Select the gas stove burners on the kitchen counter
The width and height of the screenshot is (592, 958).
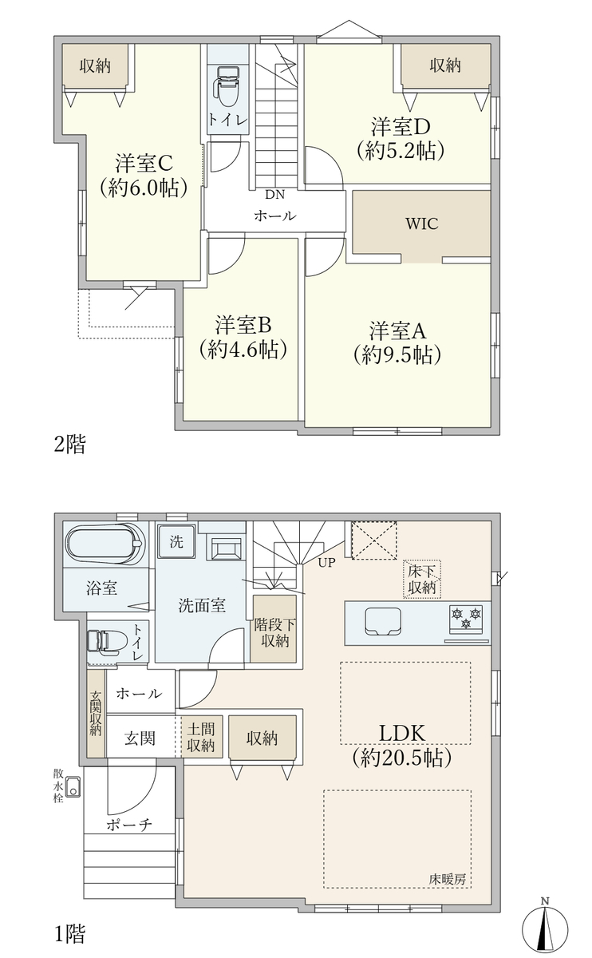pyautogui.click(x=465, y=619)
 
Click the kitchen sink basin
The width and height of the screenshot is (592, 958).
pyautogui.click(x=382, y=622)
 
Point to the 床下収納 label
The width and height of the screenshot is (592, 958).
pyautogui.click(x=422, y=579)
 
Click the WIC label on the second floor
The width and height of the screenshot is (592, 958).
pyautogui.click(x=421, y=224)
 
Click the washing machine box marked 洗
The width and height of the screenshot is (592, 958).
pyautogui.click(x=176, y=542)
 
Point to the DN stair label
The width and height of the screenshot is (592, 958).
pyautogui.click(x=274, y=195)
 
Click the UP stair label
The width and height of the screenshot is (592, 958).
pyautogui.click(x=326, y=563)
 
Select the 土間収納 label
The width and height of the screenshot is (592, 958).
pyautogui.click(x=201, y=736)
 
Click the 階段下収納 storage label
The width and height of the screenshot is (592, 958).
pyautogui.click(x=274, y=633)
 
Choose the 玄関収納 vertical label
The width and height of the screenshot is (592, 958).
pyautogui.click(x=96, y=712)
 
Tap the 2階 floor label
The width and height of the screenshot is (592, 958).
pyautogui.click(x=70, y=444)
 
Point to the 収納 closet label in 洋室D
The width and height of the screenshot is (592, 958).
pyautogui.click(x=445, y=65)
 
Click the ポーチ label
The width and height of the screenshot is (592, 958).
pyautogui.click(x=129, y=825)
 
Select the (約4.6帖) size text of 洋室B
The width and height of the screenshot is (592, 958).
pyautogui.click(x=243, y=350)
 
